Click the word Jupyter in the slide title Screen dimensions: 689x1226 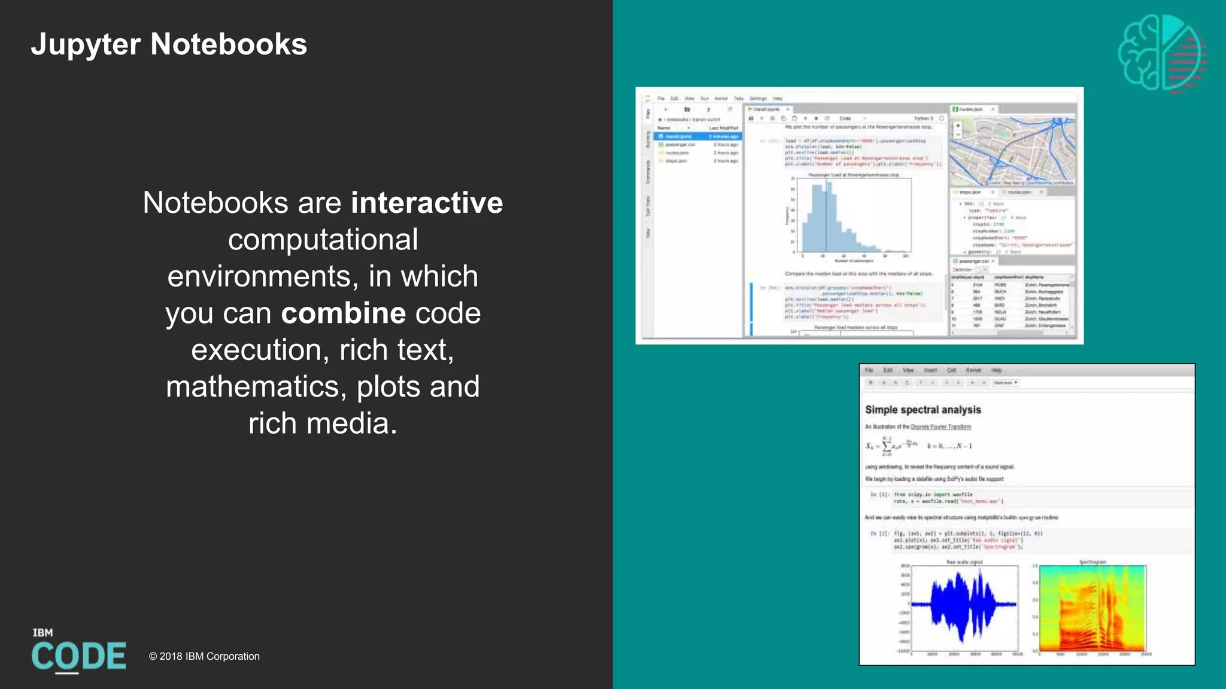click(x=86, y=45)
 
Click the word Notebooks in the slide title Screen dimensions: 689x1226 click(x=229, y=45)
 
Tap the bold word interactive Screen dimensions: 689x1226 click(x=426, y=203)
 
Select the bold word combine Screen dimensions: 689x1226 click(x=344, y=313)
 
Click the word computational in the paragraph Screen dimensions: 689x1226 click(x=323, y=240)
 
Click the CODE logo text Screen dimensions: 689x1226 click(x=78, y=656)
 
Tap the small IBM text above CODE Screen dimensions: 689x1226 click(x=43, y=633)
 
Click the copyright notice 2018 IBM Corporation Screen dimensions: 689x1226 click(x=204, y=656)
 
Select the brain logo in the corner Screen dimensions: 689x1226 click(x=1161, y=53)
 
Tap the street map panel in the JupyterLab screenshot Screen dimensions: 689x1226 click(x=1012, y=151)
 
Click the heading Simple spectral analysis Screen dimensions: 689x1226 click(x=922, y=410)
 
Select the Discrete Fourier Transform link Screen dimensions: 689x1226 click(x=940, y=427)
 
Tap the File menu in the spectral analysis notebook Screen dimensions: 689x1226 click(x=869, y=370)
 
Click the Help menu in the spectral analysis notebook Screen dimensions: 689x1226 click(x=996, y=370)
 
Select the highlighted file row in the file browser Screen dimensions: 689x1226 click(x=697, y=136)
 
